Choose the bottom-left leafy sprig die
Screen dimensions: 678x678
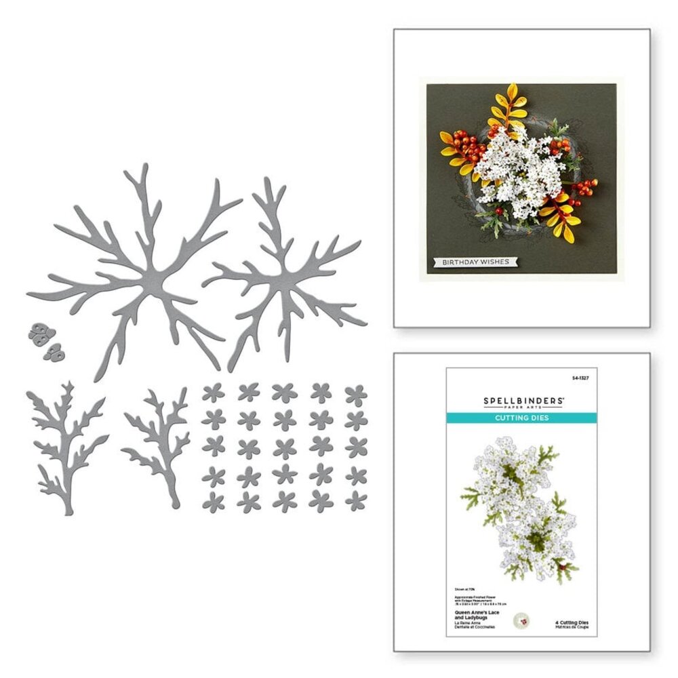point(64,444)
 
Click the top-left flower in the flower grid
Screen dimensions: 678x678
point(213,393)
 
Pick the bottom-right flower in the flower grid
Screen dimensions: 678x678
point(355,500)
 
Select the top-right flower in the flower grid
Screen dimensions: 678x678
point(355,393)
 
